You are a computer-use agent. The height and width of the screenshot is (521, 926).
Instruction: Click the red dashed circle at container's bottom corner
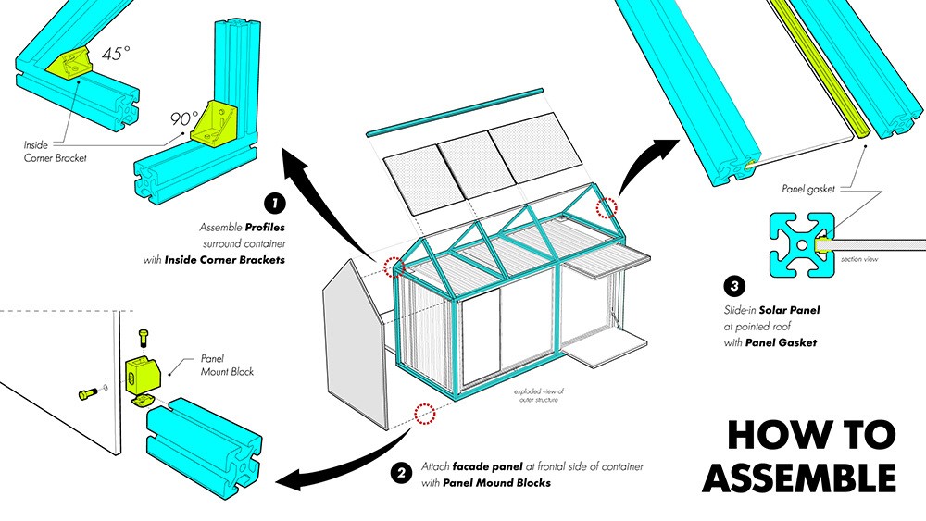point(425,414)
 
